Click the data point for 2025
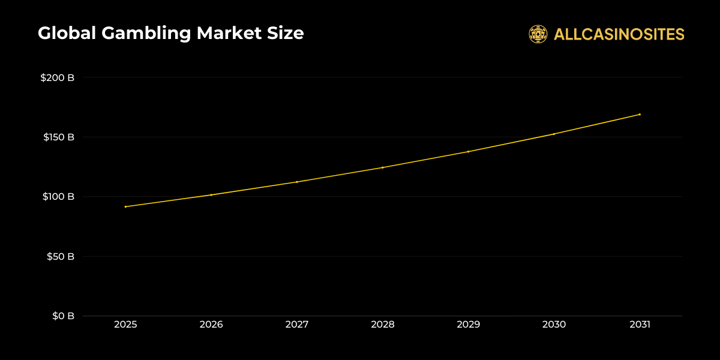pos(125,206)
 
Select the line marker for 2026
pos(211,195)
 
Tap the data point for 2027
pos(297,182)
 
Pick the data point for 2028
pos(383,167)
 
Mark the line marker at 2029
pos(469,151)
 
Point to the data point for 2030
pos(554,134)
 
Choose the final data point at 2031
pos(640,114)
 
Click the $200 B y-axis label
pos(57,78)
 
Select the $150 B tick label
pos(58,137)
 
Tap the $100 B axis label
pos(58,197)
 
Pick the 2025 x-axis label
pos(125,325)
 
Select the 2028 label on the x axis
pos(383,325)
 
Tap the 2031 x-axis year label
pos(640,325)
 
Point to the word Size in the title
pos(286,34)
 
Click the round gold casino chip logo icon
pos(538,34)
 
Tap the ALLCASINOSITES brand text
pos(619,34)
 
